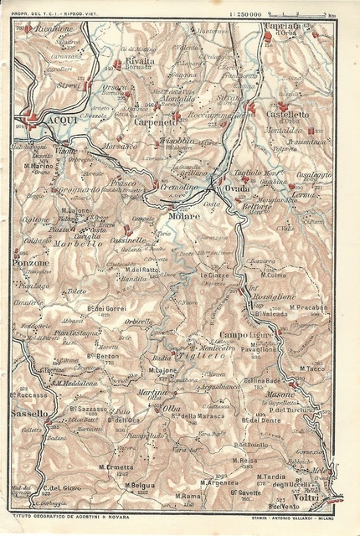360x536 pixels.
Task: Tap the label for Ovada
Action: click(237, 191)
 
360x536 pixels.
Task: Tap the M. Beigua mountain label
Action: click(141, 485)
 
